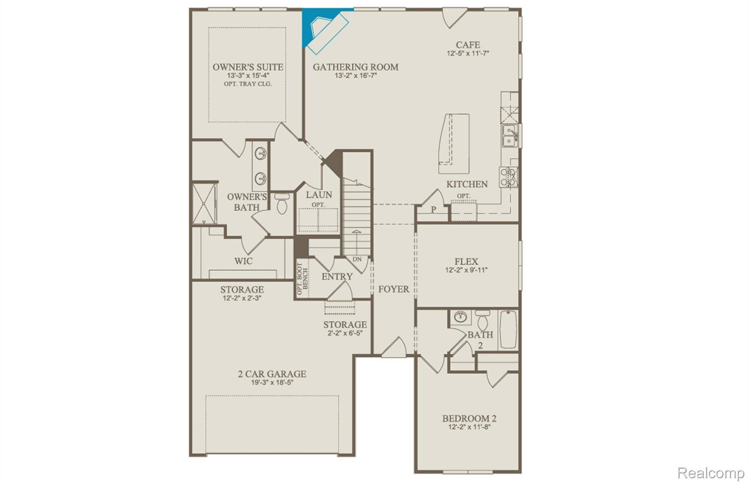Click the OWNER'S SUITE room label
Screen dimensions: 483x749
tap(248, 67)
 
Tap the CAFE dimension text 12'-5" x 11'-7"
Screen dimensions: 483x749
tap(468, 53)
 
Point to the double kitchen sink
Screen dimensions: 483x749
tap(509, 136)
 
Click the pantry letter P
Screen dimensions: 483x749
tap(433, 210)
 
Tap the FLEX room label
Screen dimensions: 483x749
tap(466, 261)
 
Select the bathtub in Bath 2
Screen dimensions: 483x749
tap(508, 329)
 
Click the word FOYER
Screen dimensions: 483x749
tap(394, 289)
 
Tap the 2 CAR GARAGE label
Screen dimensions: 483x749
tap(272, 374)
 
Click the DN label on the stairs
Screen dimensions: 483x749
tap(357, 259)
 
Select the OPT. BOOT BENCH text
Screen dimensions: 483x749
tap(302, 279)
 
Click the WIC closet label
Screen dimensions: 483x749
tap(243, 261)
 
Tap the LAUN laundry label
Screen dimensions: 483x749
tap(319, 195)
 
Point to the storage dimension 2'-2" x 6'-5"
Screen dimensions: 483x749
tap(345, 333)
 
